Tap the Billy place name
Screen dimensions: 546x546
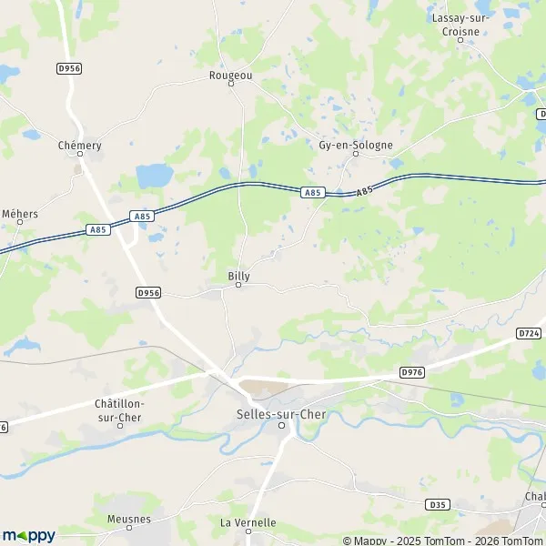tap(238, 275)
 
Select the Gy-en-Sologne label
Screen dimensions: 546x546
tap(356, 145)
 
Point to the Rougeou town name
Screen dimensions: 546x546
tap(230, 75)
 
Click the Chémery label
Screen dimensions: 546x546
tap(79, 145)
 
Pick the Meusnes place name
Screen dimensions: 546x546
tap(116, 522)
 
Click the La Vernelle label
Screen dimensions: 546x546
tap(248, 522)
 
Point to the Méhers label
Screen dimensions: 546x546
tap(20, 214)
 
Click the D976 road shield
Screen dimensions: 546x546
tap(412, 371)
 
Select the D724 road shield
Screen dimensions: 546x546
tap(529, 333)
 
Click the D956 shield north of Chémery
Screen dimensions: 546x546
tap(68, 67)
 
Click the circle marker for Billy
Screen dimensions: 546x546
tap(238, 285)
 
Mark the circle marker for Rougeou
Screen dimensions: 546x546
tap(230, 84)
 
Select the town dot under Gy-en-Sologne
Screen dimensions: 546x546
tap(356, 154)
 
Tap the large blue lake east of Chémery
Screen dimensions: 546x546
tap(153, 174)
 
